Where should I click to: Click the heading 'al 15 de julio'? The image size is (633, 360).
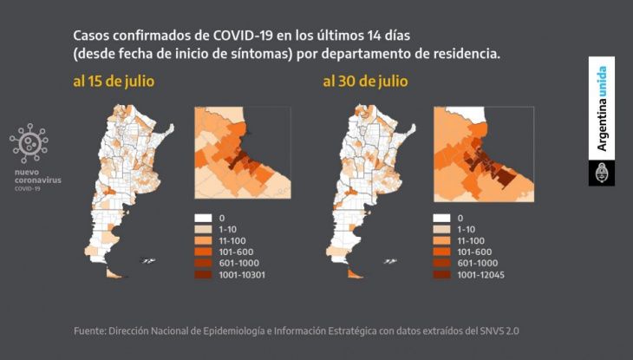(114, 82)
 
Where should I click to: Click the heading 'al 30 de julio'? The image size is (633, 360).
(365, 82)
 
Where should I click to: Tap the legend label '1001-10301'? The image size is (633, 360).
(242, 275)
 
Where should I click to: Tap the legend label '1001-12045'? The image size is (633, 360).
(480, 275)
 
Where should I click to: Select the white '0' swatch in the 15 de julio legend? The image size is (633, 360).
(203, 219)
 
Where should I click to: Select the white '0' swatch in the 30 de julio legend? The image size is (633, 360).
(441, 219)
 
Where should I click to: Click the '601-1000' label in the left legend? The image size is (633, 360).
(239, 263)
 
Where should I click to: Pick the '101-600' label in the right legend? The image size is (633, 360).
(474, 252)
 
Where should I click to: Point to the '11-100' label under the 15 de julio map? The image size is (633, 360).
(232, 240)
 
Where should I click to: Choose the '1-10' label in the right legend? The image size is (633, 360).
(467, 229)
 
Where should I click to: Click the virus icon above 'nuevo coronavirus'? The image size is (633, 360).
(29, 143)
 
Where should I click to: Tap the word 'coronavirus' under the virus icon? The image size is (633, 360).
(38, 180)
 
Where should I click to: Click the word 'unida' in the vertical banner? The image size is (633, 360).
(602, 82)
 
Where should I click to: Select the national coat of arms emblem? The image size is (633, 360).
(602, 173)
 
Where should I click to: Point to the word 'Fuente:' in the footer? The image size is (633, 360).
(90, 331)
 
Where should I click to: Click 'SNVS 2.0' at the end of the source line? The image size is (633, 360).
(499, 331)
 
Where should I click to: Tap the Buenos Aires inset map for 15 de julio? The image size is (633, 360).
(243, 153)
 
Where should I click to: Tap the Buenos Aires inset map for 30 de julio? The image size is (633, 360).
(484, 154)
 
